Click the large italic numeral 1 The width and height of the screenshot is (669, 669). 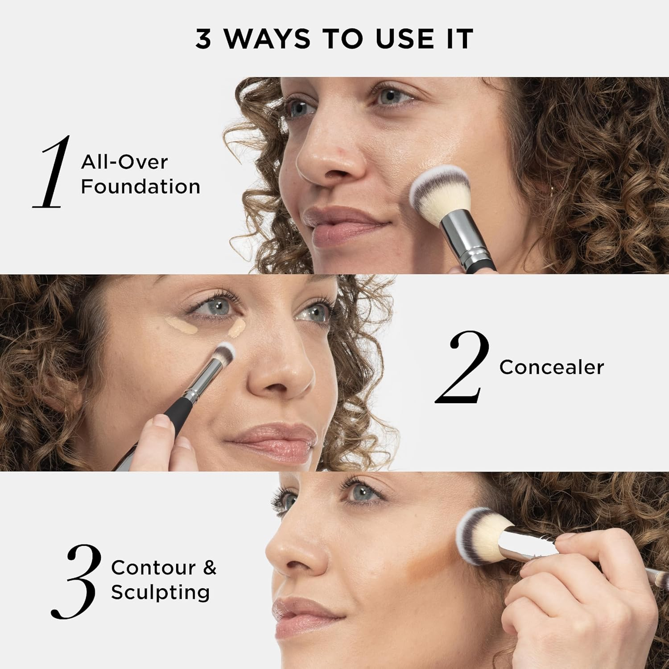click(53, 173)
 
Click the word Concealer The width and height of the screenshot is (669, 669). click(551, 368)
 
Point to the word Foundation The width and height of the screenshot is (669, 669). click(140, 186)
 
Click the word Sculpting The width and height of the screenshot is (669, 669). click(160, 593)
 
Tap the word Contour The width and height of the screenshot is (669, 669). click(153, 568)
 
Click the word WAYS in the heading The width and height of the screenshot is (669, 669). click(267, 39)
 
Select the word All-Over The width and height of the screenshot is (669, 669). click(124, 161)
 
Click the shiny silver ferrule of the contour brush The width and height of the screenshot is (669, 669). click(529, 542)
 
